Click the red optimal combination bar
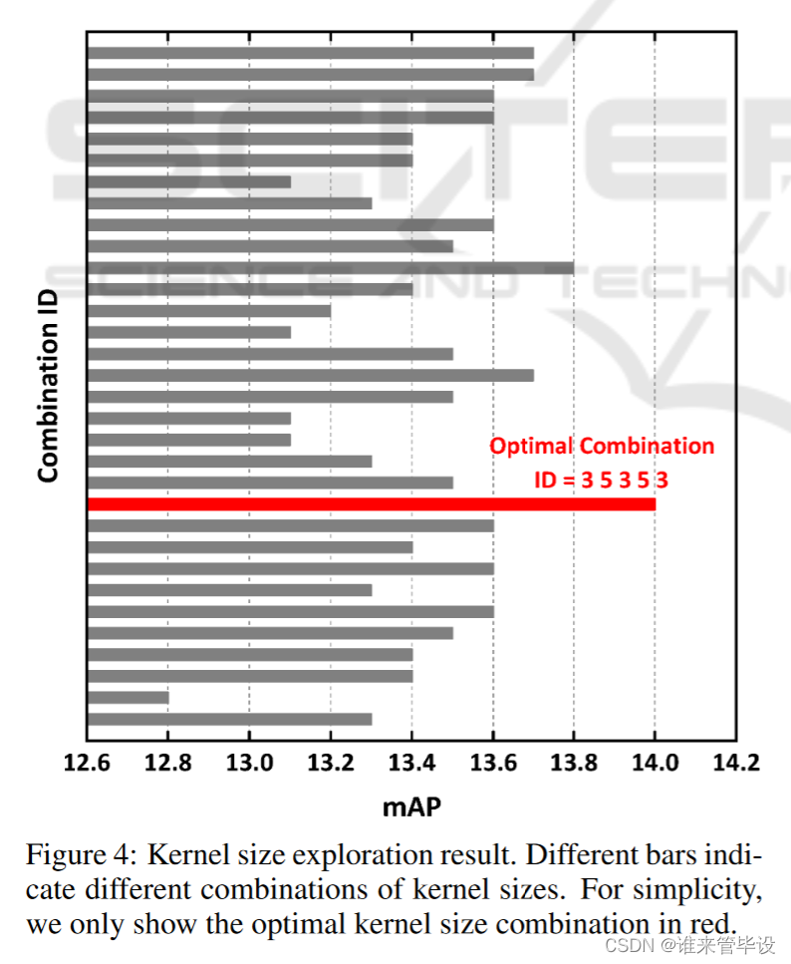[x=371, y=504]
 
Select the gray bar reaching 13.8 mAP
[x=331, y=268]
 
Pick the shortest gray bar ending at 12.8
[x=129, y=698]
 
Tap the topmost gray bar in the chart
[x=311, y=53]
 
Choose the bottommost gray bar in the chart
[x=230, y=719]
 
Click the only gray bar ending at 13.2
[x=209, y=311]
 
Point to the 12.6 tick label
[x=88, y=764]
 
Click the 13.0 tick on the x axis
[x=249, y=764]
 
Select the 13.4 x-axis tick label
[x=411, y=764]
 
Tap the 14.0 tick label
[x=655, y=764]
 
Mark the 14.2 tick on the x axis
[x=735, y=764]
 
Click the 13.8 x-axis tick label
[x=574, y=764]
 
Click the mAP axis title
[x=411, y=806]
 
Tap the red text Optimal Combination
[x=602, y=446]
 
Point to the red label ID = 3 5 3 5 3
[x=602, y=480]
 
